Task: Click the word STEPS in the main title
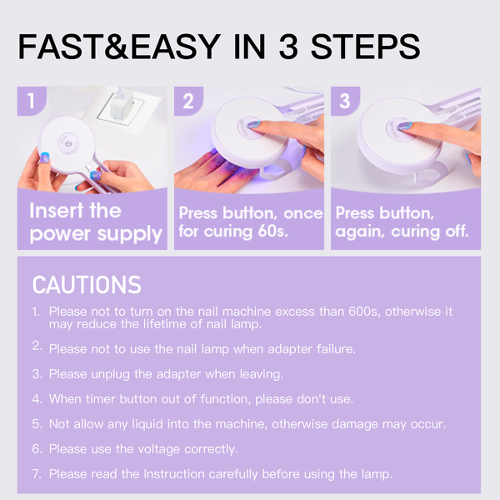(x=366, y=47)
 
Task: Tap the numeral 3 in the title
(x=288, y=47)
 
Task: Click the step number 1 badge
(x=32, y=101)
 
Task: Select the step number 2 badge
(x=188, y=101)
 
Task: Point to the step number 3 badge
(x=345, y=101)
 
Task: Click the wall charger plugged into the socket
(x=121, y=104)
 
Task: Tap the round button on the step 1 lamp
(x=68, y=144)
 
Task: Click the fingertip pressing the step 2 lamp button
(x=253, y=124)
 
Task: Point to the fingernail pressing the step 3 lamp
(x=405, y=126)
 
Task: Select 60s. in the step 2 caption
(x=272, y=231)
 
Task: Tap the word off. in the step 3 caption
(x=457, y=231)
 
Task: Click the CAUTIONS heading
(x=87, y=285)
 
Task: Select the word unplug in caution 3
(x=110, y=374)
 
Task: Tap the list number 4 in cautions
(x=37, y=399)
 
